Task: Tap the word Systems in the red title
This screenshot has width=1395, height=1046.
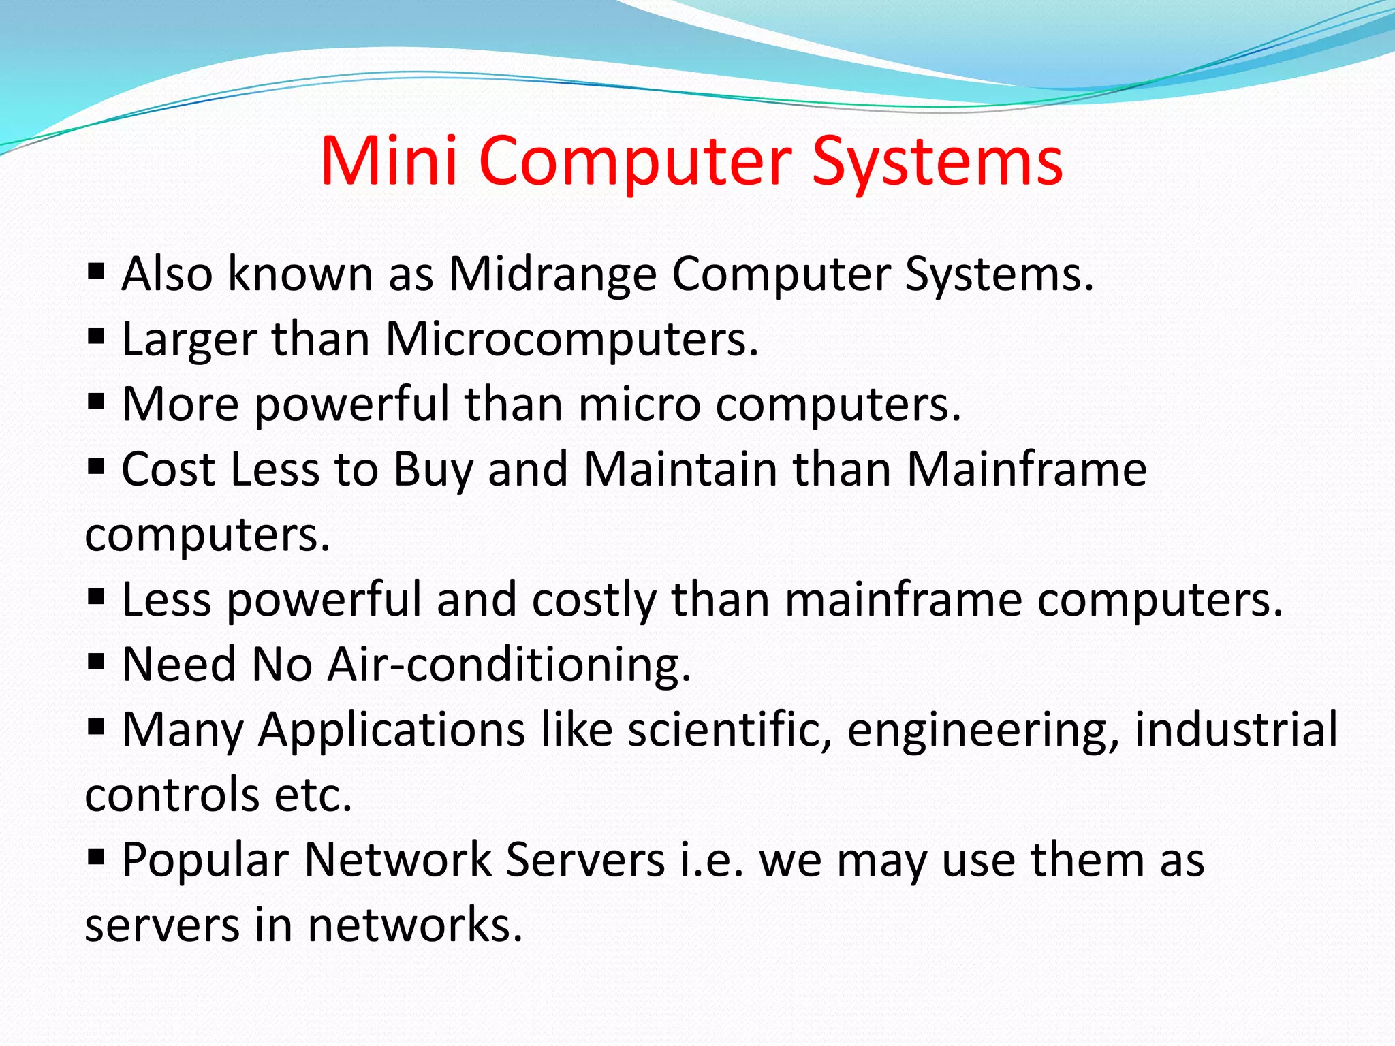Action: pos(937,162)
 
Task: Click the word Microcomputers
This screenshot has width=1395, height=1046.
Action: pos(571,339)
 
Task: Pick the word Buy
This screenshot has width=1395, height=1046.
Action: pos(433,470)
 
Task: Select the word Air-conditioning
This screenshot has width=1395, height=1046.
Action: pos(509,665)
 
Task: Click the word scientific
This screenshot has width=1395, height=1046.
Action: pos(730,729)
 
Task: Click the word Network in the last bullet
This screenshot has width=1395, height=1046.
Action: pos(397,859)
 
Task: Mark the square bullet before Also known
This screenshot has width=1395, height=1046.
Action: pos(96,272)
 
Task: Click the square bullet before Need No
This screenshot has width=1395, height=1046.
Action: pos(96,661)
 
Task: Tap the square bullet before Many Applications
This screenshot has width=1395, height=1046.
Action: pos(96,727)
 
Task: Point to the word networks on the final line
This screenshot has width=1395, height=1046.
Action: pos(415,925)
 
